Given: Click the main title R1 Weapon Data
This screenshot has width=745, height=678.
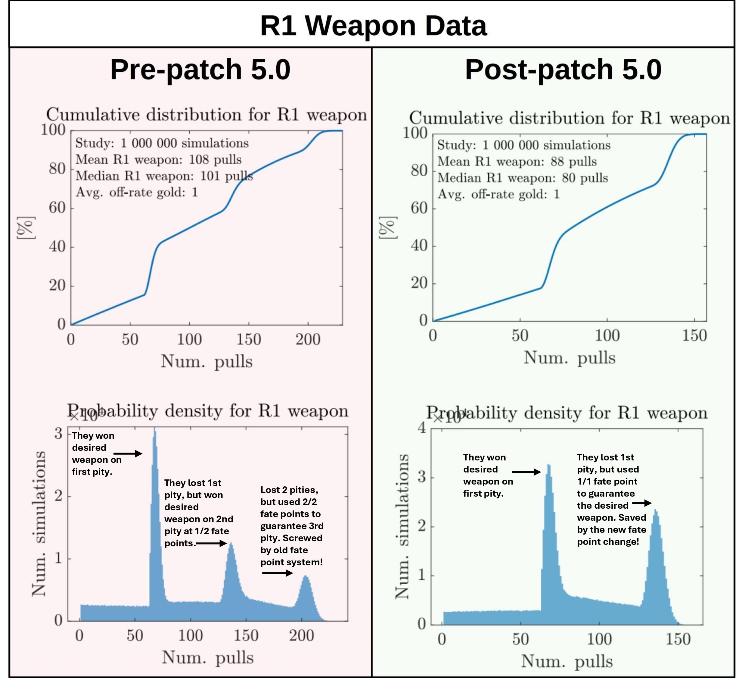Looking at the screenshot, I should point(373,26).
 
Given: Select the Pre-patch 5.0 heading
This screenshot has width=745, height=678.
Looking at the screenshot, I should point(200,70).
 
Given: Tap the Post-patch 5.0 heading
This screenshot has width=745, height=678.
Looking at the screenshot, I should point(563,70).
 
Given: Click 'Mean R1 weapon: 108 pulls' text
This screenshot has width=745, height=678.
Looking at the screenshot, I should point(159,160).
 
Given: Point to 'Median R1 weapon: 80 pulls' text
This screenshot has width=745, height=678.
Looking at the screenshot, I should point(523,178).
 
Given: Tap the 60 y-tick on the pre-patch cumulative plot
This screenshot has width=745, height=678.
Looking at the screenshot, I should point(57,208).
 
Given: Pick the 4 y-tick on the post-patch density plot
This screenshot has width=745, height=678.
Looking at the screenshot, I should point(422,428).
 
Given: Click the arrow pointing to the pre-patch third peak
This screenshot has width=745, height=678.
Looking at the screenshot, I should point(277,573).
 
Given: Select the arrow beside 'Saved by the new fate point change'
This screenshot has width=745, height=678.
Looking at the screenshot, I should point(642,503).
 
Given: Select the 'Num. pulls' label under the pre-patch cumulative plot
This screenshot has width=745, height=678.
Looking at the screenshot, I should point(206,361).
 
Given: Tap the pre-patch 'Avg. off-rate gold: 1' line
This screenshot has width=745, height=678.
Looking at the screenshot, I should point(137,192).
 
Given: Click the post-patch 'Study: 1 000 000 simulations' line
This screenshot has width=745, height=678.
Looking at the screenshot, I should point(524,145).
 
